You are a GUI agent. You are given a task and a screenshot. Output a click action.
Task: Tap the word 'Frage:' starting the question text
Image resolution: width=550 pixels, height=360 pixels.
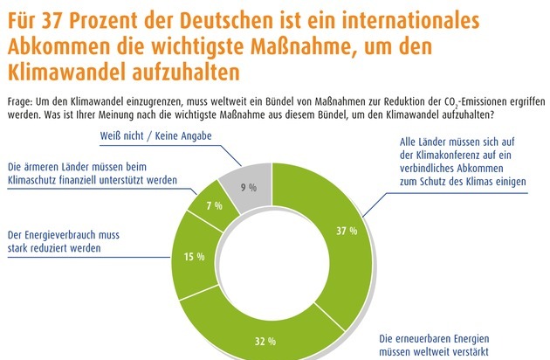coord(22,101)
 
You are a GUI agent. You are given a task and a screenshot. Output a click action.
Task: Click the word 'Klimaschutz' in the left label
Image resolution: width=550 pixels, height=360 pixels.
coord(36,179)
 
